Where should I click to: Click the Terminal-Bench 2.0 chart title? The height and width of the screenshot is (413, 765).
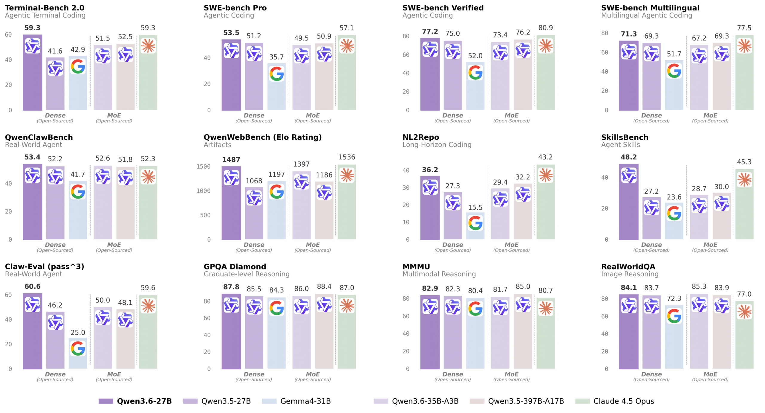pyautogui.click(x=45, y=8)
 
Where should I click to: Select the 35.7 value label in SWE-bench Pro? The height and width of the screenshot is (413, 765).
pyautogui.click(x=276, y=57)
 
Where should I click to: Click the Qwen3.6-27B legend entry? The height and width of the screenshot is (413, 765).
pyautogui.click(x=144, y=401)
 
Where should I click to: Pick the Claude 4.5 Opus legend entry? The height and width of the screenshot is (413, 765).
pyautogui.click(x=623, y=401)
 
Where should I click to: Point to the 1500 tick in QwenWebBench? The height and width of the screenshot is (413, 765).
pyautogui.click(x=203, y=167)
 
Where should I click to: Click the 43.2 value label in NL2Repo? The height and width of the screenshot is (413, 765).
pyautogui.click(x=545, y=157)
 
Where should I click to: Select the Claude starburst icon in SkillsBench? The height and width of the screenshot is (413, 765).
pyautogui.click(x=744, y=180)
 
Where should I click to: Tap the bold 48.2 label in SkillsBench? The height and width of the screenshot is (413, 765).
pyautogui.click(x=628, y=157)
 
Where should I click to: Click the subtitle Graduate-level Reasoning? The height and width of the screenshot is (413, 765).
pyautogui.click(x=247, y=274)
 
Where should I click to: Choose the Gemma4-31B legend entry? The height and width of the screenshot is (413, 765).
pyautogui.click(x=305, y=401)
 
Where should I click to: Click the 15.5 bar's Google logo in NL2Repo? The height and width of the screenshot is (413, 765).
pyautogui.click(x=475, y=223)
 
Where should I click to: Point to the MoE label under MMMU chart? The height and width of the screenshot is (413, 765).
pyautogui.click(x=511, y=374)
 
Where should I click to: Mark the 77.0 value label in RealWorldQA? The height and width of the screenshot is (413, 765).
pyautogui.click(x=744, y=294)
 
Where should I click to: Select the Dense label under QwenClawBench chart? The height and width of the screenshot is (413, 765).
pyautogui.click(x=55, y=245)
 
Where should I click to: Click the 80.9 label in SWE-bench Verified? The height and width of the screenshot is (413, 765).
pyautogui.click(x=545, y=28)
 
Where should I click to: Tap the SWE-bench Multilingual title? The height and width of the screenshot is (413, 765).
pyautogui.click(x=650, y=8)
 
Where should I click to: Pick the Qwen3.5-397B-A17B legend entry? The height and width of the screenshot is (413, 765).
pyautogui.click(x=526, y=401)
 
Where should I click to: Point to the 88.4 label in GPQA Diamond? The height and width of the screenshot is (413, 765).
pyautogui.click(x=324, y=286)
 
